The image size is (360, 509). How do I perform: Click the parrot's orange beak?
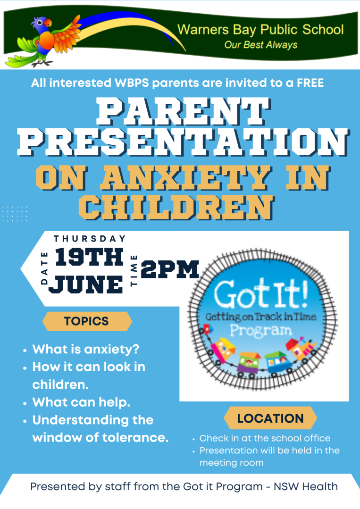[48, 23]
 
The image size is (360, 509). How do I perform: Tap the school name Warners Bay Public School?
[260, 30]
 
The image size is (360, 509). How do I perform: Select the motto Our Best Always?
[260, 45]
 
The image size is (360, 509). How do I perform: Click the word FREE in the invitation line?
[310, 83]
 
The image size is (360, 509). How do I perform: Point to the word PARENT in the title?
[183, 112]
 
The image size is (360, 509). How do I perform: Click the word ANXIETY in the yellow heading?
[185, 178]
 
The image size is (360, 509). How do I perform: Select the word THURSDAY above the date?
[90, 239]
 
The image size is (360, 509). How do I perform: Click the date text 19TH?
[89, 257]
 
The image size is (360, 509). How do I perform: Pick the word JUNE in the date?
[86, 284]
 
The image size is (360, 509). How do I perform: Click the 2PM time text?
[170, 269]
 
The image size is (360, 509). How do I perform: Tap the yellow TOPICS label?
[87, 321]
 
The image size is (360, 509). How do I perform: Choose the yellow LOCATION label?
[270, 418]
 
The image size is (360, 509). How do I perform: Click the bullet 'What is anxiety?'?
[86, 349]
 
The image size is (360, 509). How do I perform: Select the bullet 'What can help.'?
[81, 402]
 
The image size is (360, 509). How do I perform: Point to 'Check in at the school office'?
[265, 438]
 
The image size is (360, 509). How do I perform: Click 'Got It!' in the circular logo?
[260, 294]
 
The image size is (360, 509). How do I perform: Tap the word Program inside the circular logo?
[260, 331]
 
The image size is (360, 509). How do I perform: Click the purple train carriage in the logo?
[248, 364]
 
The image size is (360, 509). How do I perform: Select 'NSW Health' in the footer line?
[305, 487]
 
